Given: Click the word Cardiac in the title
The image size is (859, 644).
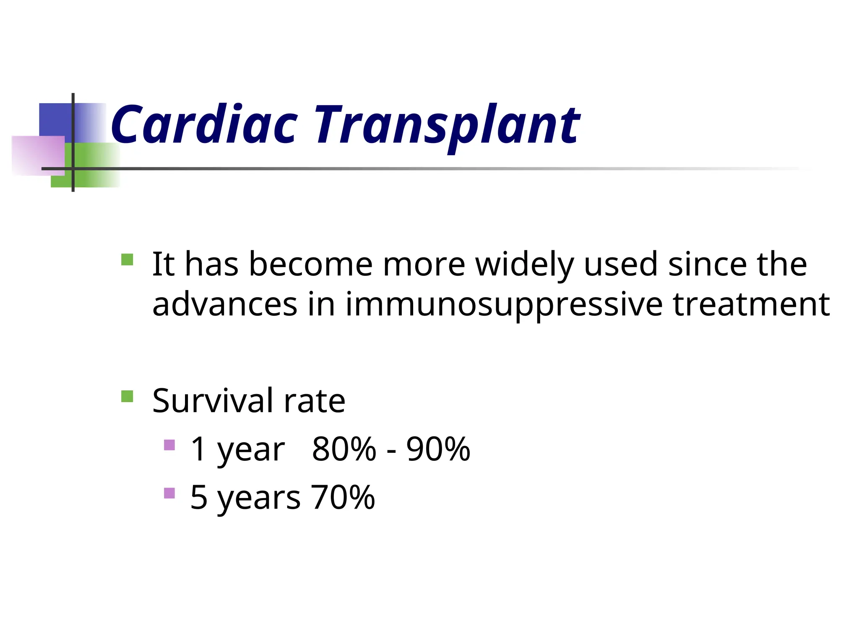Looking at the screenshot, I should pyautogui.click(x=204, y=125).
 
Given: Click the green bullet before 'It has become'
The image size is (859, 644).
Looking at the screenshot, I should pyautogui.click(x=127, y=260).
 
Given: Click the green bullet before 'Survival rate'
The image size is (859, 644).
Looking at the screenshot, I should pyautogui.click(x=127, y=396).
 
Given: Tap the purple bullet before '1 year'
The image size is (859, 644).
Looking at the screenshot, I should pyautogui.click(x=169, y=445).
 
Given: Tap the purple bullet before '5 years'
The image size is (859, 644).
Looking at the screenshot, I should pyautogui.click(x=169, y=493).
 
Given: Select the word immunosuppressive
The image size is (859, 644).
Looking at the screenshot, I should pyautogui.click(x=504, y=305).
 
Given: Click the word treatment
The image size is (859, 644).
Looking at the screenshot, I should pyautogui.click(x=751, y=304).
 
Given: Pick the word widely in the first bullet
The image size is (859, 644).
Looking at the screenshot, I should pyautogui.click(x=524, y=265).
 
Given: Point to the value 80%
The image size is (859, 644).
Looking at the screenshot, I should pyautogui.click(x=344, y=449).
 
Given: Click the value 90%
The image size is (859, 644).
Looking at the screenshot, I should pyautogui.click(x=438, y=449).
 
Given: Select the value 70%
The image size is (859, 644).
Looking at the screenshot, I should pyautogui.click(x=343, y=497).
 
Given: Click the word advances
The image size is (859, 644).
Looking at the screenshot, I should pyautogui.click(x=225, y=304).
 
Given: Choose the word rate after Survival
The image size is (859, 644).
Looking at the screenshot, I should pyautogui.click(x=315, y=401).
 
